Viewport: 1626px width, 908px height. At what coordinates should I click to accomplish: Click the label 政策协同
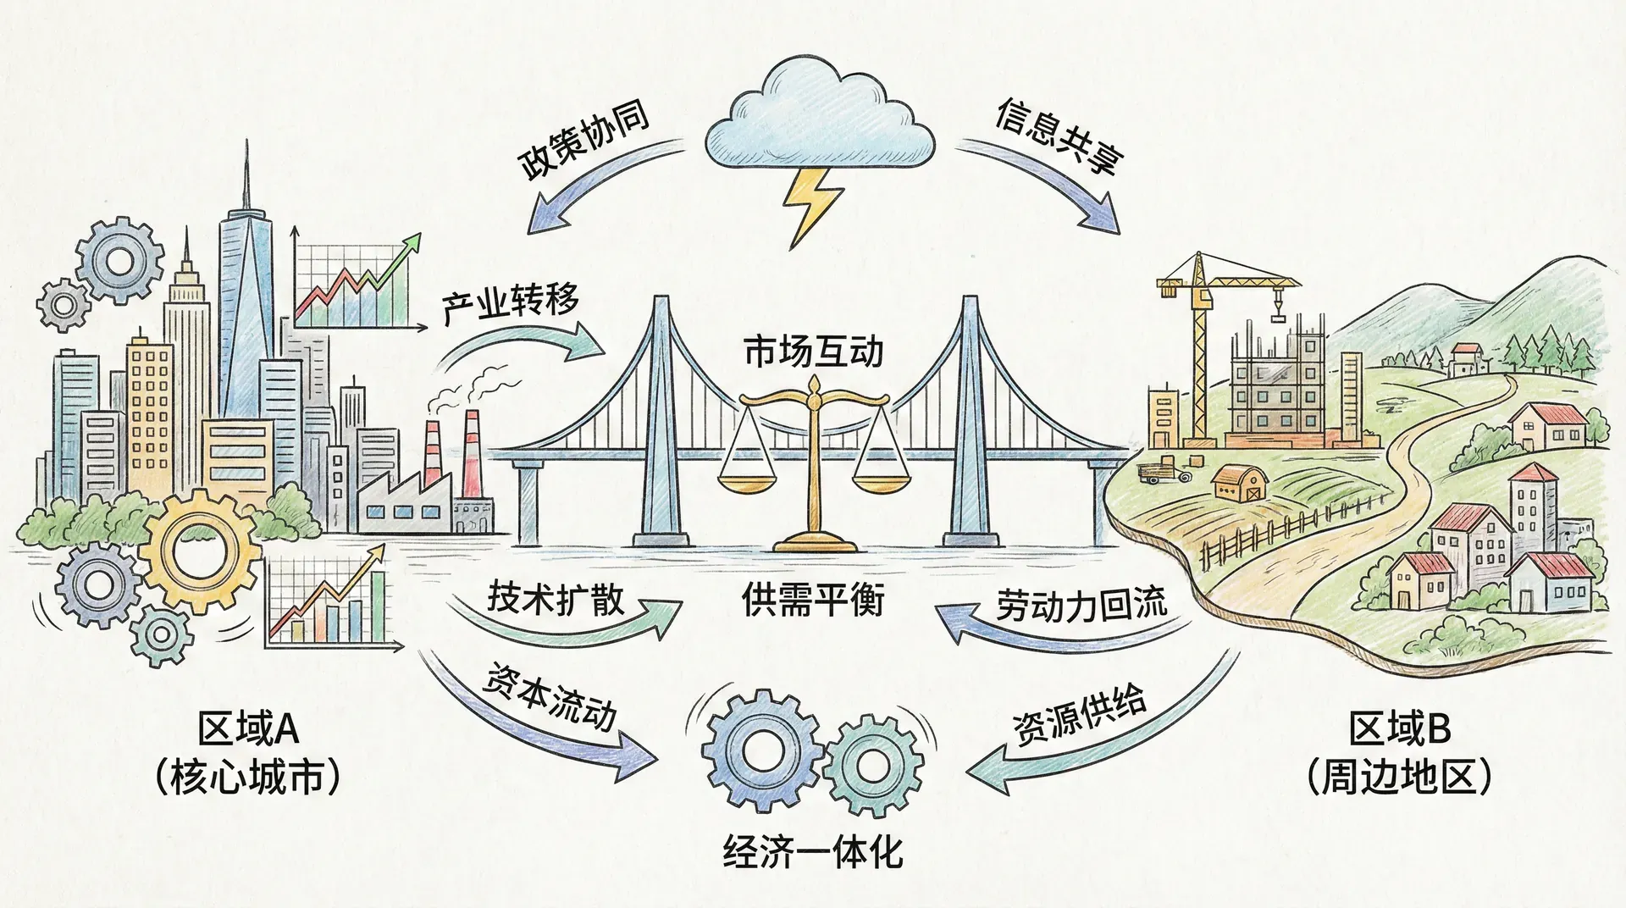coord(584,141)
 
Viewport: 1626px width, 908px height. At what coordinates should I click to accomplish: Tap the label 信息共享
coord(1055,139)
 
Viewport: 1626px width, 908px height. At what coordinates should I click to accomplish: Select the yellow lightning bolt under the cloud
coord(810,203)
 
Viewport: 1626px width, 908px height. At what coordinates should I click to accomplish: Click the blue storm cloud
coord(810,113)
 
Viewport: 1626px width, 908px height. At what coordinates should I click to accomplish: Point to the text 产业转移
coord(512,306)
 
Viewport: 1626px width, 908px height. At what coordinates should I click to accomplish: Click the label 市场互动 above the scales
coord(813,351)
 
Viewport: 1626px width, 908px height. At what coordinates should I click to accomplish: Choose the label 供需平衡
coord(813,600)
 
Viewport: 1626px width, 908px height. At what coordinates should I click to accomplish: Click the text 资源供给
coord(1080,717)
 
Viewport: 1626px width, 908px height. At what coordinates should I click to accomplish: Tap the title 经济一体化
coord(813,851)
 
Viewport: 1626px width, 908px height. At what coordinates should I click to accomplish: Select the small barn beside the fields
coord(1237,483)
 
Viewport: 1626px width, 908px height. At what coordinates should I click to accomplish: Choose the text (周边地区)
coord(1398,776)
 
